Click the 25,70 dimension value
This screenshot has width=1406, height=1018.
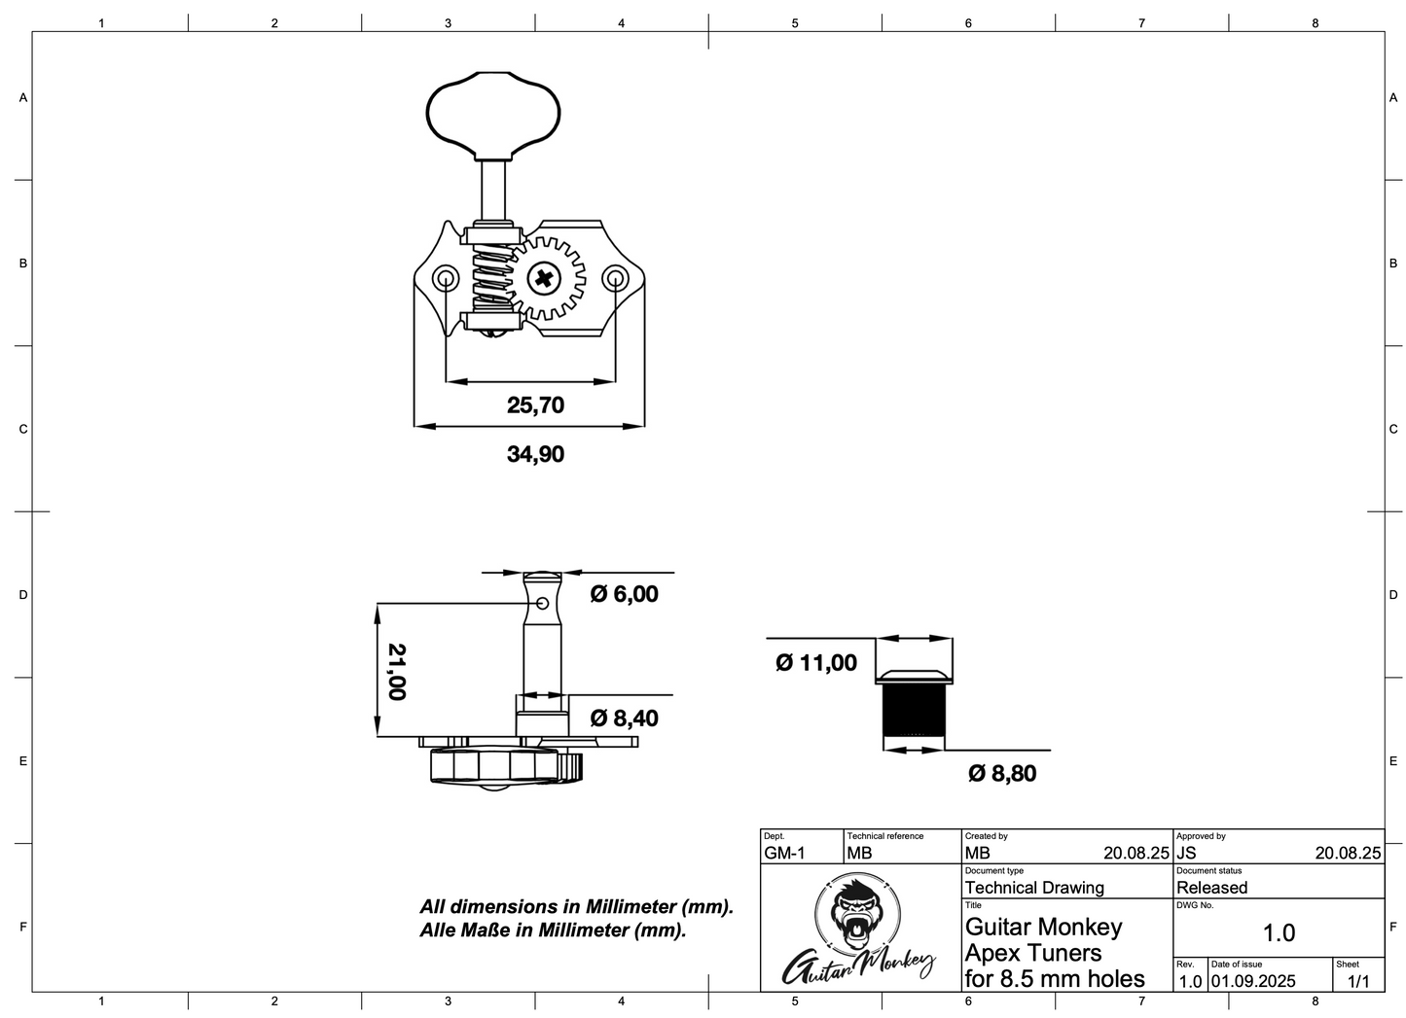coord(535,404)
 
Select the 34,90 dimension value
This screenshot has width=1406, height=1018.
coord(535,454)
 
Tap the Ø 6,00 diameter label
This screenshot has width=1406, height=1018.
coord(625,594)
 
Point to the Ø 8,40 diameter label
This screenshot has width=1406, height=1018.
coord(625,719)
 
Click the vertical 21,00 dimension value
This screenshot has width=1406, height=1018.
coord(396,671)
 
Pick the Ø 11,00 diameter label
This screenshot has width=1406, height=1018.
coord(816,663)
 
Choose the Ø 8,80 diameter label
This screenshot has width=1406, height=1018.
coord(1002,773)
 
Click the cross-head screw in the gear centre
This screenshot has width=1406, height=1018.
coord(544,280)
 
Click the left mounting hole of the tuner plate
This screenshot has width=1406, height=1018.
coord(446,280)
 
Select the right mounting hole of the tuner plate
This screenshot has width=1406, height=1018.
coord(615,280)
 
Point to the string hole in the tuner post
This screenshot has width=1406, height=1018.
coord(542,604)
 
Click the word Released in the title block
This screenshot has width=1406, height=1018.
coord(1211,888)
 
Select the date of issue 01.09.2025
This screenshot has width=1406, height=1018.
coord(1253,981)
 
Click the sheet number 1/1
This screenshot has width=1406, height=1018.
coord(1358,981)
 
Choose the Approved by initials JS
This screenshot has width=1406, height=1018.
coord(1186,854)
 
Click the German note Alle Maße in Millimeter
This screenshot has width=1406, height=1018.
coord(553,930)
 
